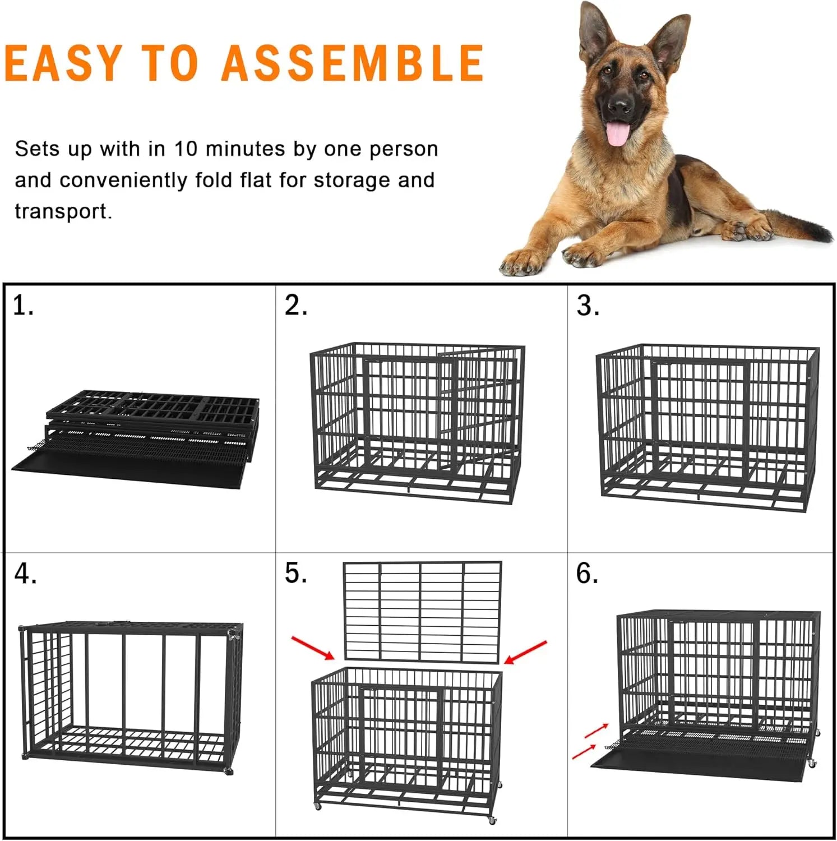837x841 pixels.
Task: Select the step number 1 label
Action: pos(23,306)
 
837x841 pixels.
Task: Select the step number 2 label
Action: pos(295,306)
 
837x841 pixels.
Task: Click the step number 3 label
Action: pos(588,306)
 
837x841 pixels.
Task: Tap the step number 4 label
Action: pos(25,574)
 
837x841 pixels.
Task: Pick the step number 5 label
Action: pos(295,574)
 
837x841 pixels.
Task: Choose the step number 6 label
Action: pos(587,574)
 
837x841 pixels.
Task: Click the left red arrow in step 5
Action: pos(313,647)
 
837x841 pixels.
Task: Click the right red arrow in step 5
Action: pos(525,651)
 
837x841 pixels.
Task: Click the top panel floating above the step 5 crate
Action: pos(422,612)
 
